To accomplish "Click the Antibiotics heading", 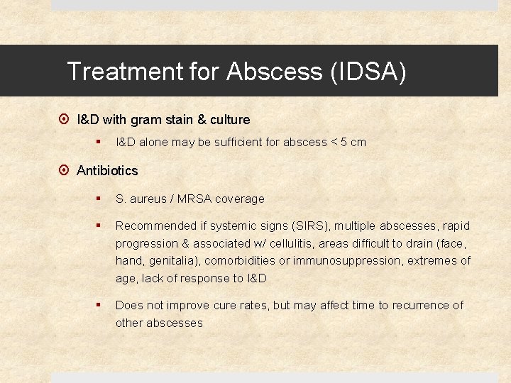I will pyautogui.click(x=107, y=170).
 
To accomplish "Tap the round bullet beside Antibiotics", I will pyautogui.click(x=64, y=171).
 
